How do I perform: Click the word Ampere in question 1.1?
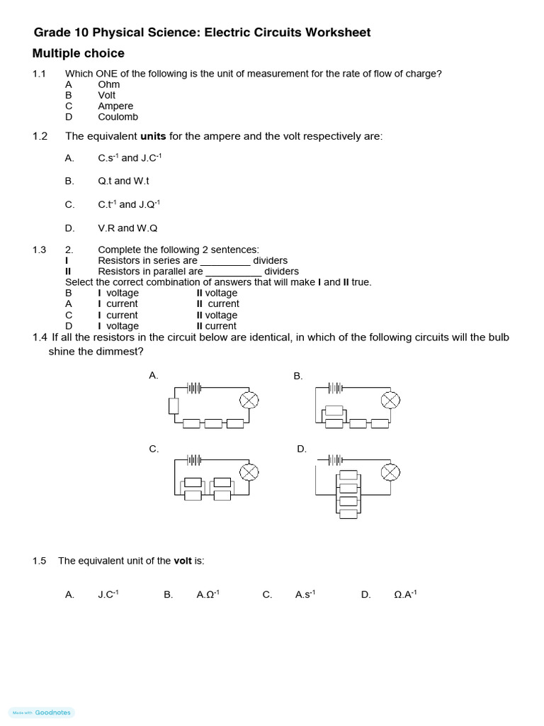point(115,106)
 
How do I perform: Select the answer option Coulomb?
point(118,117)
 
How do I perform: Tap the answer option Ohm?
point(109,84)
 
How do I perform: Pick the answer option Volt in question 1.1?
point(107,95)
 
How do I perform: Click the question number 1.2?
point(40,136)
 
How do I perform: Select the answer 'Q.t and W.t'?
point(123,181)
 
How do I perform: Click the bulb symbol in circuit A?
point(248,401)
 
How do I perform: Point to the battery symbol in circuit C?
point(195,459)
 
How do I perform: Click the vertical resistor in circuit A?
point(174,406)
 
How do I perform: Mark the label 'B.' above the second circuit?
point(298,376)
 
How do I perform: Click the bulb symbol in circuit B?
point(390,401)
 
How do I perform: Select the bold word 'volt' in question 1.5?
point(183,561)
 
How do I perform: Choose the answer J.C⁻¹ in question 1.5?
point(108,595)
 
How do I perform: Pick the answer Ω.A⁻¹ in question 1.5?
point(405,595)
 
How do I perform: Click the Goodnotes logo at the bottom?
point(42,713)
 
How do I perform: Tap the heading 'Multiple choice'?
point(78,54)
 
